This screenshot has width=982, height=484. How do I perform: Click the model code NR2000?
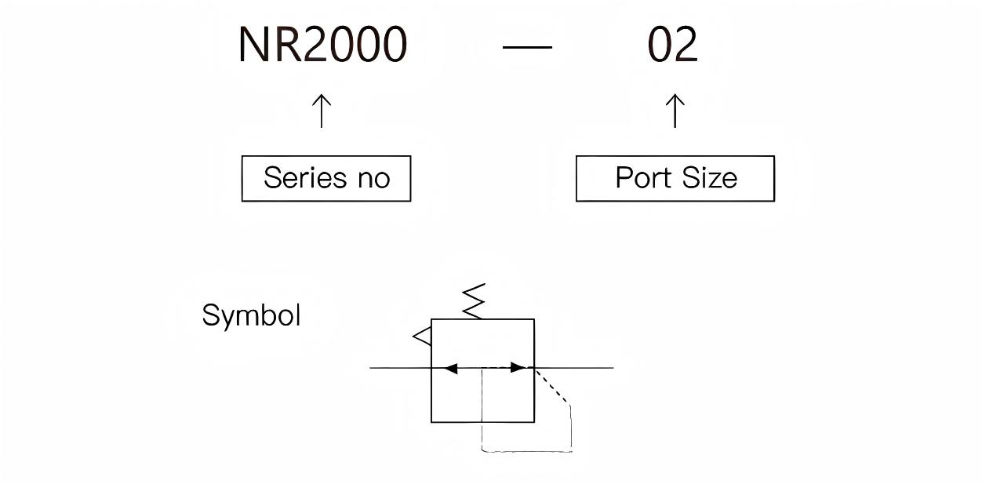[322, 45]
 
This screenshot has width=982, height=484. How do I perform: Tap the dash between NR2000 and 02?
[527, 47]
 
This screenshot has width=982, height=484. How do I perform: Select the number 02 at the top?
[672, 45]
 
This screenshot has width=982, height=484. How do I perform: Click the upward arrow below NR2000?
[322, 111]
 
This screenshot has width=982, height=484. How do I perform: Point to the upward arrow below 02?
[675, 111]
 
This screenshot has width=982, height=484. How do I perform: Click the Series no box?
[326, 179]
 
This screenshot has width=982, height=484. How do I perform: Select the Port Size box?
[675, 179]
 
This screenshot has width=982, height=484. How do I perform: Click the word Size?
[709, 178]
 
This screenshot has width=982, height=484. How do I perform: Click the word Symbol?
[251, 315]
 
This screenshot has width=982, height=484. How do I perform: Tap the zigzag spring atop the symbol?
[474, 301]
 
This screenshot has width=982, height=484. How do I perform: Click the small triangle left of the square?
[422, 337]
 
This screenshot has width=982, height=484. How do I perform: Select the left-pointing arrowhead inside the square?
[449, 367]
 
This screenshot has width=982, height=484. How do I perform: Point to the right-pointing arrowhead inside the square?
[518, 367]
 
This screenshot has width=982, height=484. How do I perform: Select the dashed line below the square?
[526, 451]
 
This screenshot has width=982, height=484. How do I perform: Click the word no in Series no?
[373, 179]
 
